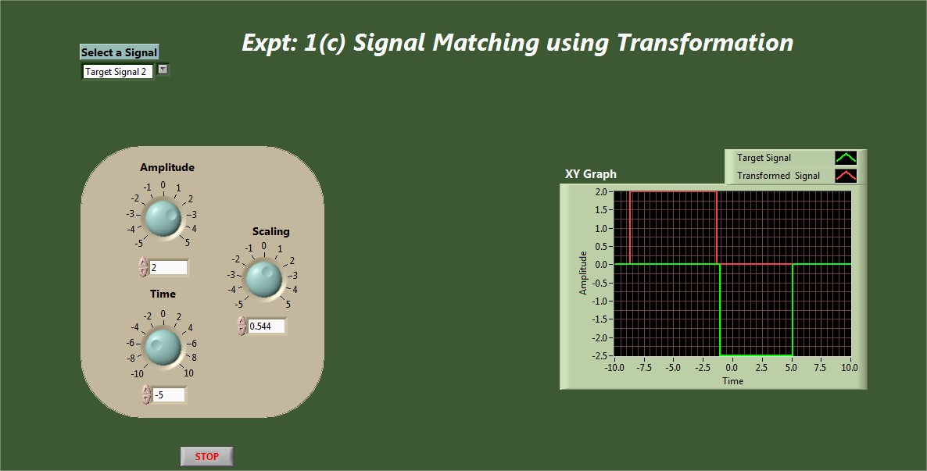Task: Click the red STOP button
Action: coord(207,456)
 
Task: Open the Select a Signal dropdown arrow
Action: coord(163,70)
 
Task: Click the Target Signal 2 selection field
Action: coord(118,72)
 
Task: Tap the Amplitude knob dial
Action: coord(163,217)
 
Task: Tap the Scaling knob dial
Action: coord(263,279)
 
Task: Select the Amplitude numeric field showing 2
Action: coord(169,268)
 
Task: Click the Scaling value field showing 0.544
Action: coord(267,326)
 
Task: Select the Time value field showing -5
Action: coord(169,394)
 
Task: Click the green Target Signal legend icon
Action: coord(846,158)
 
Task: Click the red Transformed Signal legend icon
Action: coord(846,176)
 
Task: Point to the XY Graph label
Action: coord(591,173)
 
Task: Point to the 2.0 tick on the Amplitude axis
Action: coord(600,191)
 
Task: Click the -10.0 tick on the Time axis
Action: coord(614,368)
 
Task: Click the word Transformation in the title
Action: coord(705,42)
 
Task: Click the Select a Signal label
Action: coord(119,52)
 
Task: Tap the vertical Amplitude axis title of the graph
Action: coord(583,273)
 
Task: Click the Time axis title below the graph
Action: coord(732,381)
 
